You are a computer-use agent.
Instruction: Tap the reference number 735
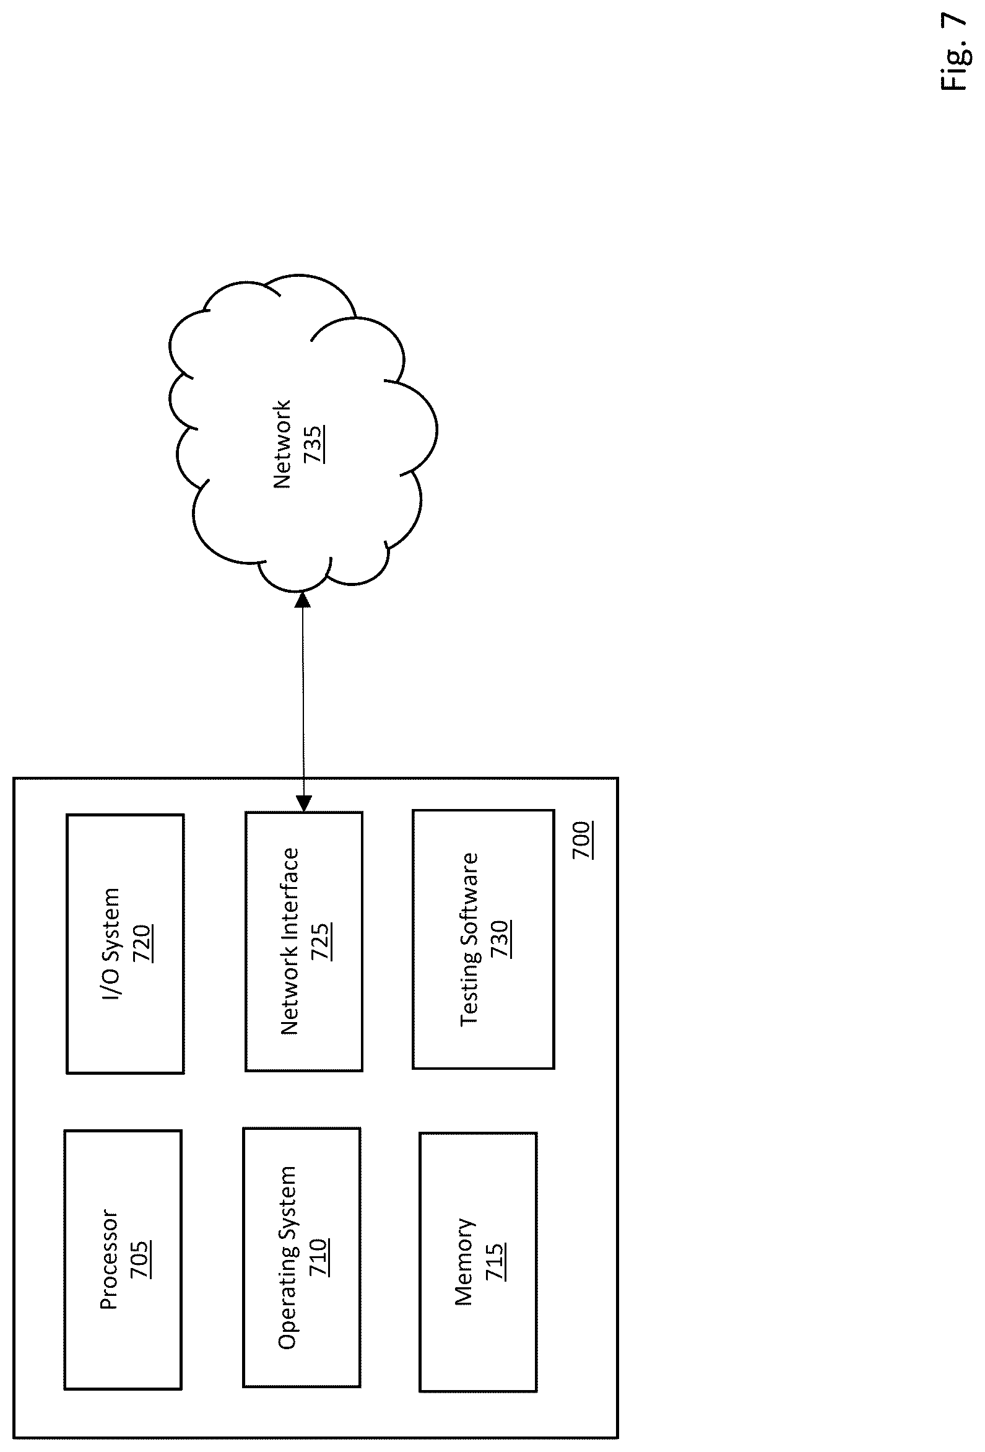point(313,444)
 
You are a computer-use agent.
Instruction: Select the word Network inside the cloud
point(282,444)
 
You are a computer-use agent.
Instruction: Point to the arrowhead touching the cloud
point(302,600)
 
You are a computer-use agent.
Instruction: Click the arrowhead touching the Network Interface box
point(303,803)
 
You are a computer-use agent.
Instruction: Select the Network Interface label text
point(289,942)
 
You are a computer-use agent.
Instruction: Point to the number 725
point(321,941)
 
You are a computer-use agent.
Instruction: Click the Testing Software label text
point(469,939)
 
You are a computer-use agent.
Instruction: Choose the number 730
point(500,938)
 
